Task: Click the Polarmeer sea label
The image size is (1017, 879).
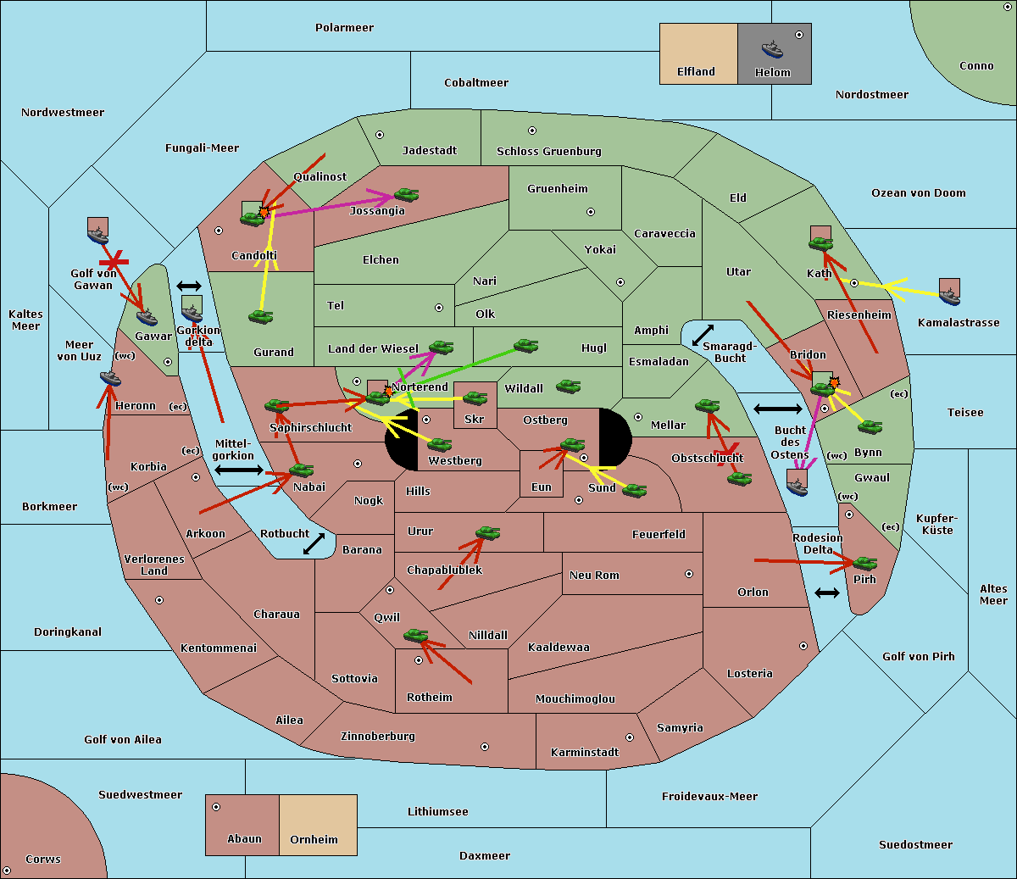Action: pyautogui.click(x=344, y=28)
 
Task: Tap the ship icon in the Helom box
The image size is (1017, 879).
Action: pyautogui.click(x=772, y=49)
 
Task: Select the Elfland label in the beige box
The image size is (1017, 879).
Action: pyautogui.click(x=696, y=72)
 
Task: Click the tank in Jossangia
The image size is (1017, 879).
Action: pyautogui.click(x=407, y=194)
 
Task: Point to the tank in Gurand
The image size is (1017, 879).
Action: pyautogui.click(x=261, y=316)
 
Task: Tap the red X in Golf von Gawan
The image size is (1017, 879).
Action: pyautogui.click(x=114, y=261)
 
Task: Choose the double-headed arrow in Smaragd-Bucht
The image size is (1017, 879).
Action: pyautogui.click(x=703, y=335)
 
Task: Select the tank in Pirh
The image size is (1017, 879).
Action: pyautogui.click(x=864, y=563)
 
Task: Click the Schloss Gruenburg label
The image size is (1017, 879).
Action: pyautogui.click(x=548, y=151)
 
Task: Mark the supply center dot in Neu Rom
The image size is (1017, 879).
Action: pyautogui.click(x=689, y=574)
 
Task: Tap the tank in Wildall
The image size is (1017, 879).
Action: pyautogui.click(x=569, y=387)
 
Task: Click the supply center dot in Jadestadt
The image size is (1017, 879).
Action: pyautogui.click(x=380, y=135)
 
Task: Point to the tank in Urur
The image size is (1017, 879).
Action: pyautogui.click(x=487, y=533)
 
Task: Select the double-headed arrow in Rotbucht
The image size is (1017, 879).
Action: pyautogui.click(x=314, y=544)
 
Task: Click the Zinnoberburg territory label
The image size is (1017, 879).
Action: pyautogui.click(x=378, y=736)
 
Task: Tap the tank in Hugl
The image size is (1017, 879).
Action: pyautogui.click(x=525, y=346)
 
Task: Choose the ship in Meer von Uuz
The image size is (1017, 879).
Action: pyautogui.click(x=110, y=378)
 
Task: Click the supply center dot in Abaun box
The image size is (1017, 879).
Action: pyautogui.click(x=215, y=807)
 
